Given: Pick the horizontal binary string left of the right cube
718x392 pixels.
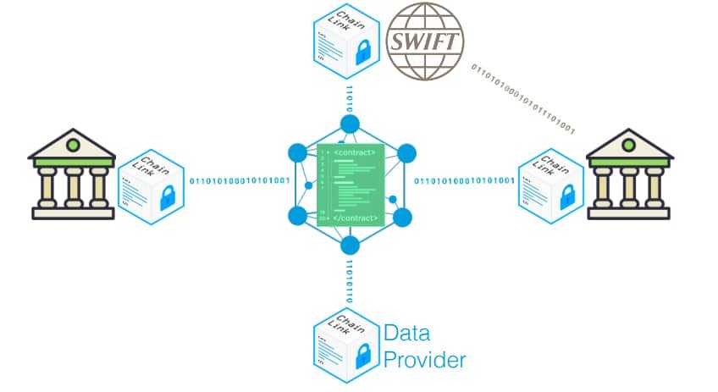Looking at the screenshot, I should coord(464,180).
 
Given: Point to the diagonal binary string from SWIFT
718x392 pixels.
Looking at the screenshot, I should coord(522,99).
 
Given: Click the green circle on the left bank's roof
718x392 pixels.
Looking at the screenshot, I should coord(72,145).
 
